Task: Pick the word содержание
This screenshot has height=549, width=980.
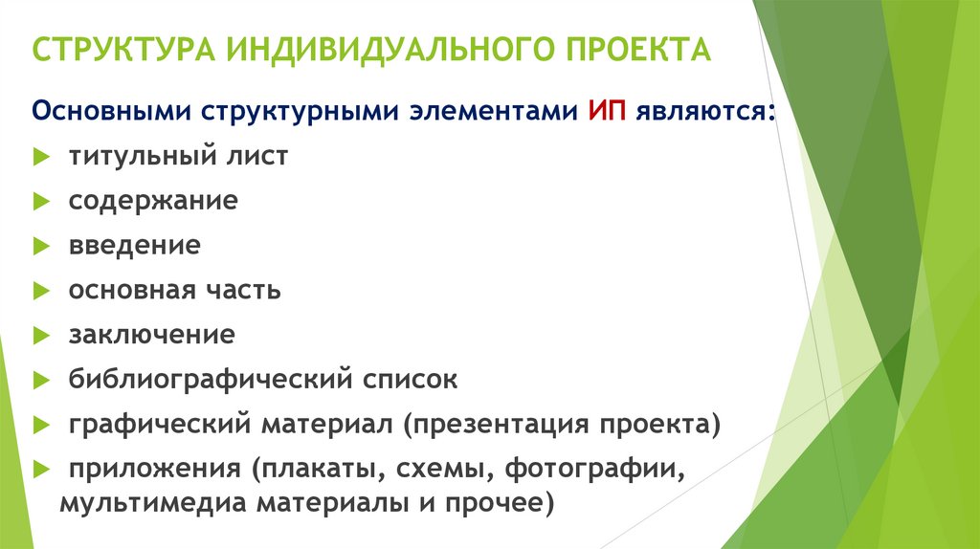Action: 152,202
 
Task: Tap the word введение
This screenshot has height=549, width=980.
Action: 134,246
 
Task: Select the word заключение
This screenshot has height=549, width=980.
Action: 151,336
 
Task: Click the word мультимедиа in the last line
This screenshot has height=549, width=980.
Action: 133,503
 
